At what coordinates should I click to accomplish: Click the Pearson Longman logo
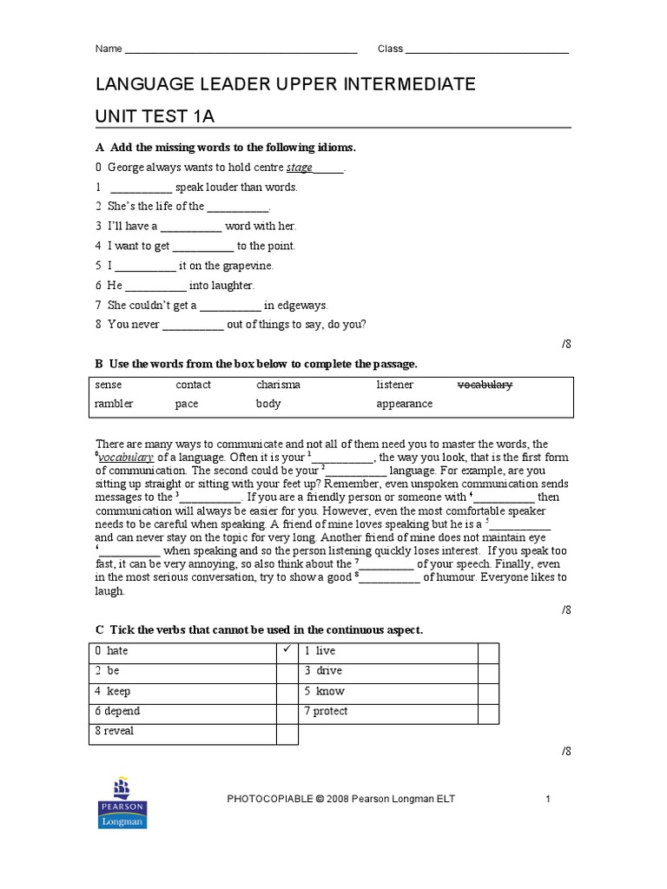(123, 805)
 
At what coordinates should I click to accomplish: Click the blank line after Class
(487, 50)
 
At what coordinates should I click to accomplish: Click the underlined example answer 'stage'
(300, 168)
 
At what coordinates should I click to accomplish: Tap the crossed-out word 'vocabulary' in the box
(485, 385)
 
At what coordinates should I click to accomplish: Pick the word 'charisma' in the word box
(278, 385)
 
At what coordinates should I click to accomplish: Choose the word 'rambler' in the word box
(114, 404)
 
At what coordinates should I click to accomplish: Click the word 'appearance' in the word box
(404, 404)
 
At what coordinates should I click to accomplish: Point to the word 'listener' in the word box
(394, 385)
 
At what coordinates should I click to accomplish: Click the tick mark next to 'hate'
(287, 650)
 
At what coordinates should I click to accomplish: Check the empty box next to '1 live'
(488, 651)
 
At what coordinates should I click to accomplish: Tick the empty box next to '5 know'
(488, 692)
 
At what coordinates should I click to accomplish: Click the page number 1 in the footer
(548, 799)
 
